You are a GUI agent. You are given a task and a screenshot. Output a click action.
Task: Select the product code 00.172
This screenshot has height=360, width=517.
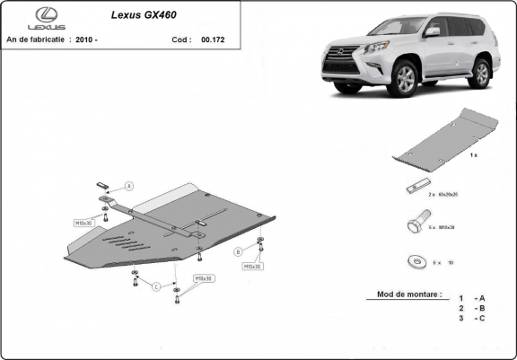pos(213,40)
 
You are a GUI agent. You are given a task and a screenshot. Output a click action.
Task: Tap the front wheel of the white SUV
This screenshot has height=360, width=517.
pos(402,80)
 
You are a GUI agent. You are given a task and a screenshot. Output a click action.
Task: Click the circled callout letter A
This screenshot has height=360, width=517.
pos(128,186)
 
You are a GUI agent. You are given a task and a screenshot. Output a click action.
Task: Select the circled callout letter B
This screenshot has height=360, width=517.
pos(239,250)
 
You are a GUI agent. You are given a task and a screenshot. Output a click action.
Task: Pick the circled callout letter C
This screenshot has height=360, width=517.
pos(156,286)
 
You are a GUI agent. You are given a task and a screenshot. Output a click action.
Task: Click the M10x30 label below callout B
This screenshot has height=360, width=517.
pos(251,267)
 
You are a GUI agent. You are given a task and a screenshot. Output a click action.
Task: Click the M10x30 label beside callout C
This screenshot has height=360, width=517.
pos(204,279)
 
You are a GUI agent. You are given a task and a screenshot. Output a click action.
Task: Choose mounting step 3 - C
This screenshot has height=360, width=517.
pos(472,318)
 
